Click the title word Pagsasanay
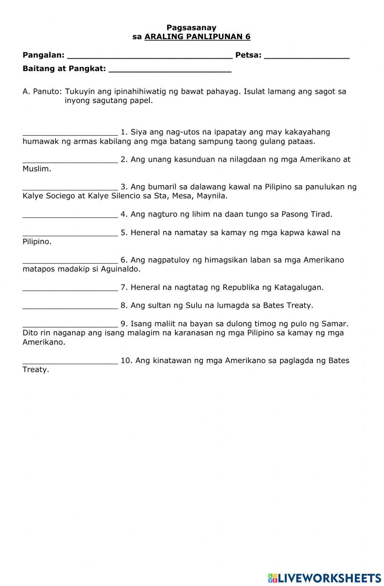(x=191, y=28)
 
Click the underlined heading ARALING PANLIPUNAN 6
(x=197, y=37)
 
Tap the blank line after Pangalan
(x=150, y=56)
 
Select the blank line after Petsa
(x=307, y=56)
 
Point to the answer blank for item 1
(x=70, y=133)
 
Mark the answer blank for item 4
(x=70, y=215)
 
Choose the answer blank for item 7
(x=70, y=288)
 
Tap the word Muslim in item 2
(x=36, y=169)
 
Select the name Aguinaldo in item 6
(x=120, y=269)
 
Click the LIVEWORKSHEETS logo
(x=324, y=578)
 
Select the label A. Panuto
(x=42, y=92)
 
